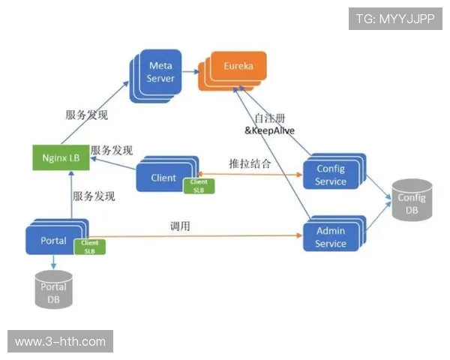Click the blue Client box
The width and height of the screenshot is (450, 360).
click(162, 178)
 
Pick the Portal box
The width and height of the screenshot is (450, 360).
click(52, 241)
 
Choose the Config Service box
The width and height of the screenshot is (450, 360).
click(331, 175)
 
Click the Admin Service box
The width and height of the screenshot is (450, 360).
click(331, 238)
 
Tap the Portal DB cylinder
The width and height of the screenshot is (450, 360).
click(54, 289)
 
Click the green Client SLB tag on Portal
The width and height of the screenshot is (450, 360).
click(89, 247)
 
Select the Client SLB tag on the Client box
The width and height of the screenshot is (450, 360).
click(199, 186)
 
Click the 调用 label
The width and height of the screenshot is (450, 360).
click(180, 225)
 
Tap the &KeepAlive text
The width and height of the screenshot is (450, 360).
click(270, 130)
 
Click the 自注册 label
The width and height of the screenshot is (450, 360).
click(269, 118)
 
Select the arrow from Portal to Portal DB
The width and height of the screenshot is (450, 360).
click(54, 262)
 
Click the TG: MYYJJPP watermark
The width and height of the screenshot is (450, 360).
click(395, 19)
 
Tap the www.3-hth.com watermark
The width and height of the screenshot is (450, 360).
click(60, 341)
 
